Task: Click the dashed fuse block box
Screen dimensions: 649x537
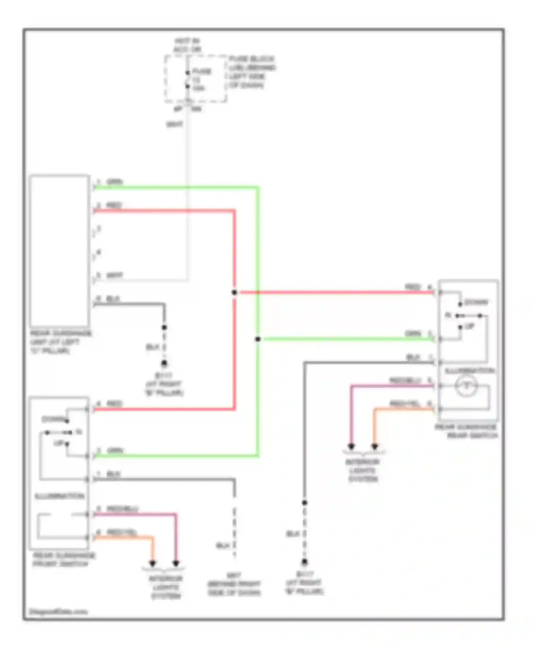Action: click(195, 79)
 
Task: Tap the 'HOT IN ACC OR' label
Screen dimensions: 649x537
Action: click(187, 45)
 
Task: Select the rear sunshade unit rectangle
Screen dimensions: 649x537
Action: click(59, 250)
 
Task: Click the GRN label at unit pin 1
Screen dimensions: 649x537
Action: click(115, 182)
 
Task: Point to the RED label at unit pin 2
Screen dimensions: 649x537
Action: click(114, 205)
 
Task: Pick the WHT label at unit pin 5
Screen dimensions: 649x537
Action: click(115, 275)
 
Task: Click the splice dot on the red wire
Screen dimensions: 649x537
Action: click(234, 292)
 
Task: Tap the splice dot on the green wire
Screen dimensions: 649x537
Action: click(258, 339)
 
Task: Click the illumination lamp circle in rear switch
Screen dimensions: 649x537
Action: click(466, 386)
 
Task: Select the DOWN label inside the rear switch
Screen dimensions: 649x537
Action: click(476, 302)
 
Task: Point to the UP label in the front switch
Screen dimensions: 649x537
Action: click(58, 443)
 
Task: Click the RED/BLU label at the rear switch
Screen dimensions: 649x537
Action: click(405, 381)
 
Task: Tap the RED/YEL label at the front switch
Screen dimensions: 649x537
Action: click(122, 532)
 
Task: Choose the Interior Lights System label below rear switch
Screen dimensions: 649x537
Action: click(363, 470)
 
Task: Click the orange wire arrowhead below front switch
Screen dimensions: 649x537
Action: click(153, 563)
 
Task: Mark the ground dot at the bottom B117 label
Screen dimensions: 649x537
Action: click(304, 562)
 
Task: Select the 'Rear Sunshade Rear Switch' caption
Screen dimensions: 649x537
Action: click(466, 431)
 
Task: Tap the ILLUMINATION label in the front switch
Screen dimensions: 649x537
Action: click(59, 496)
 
